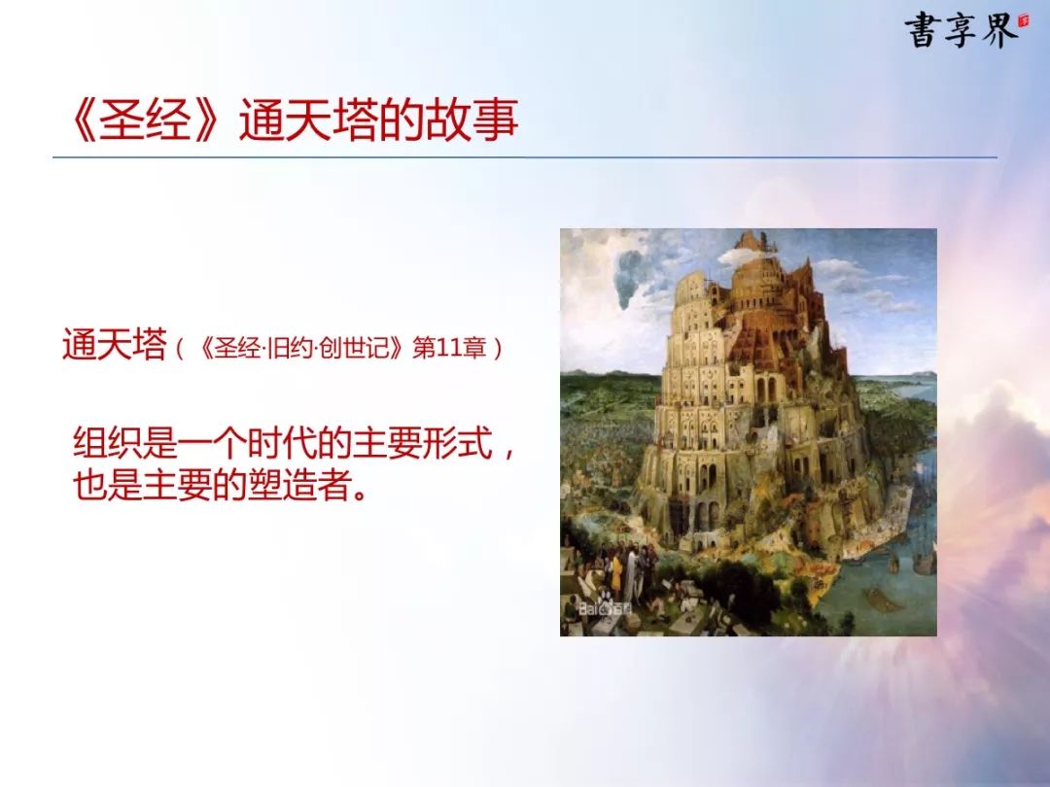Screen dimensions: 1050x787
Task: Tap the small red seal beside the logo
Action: [x=1023, y=21]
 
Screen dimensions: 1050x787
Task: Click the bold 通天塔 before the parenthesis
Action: [x=114, y=346]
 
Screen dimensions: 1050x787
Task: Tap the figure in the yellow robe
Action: [x=616, y=572]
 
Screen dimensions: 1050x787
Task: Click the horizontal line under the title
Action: [x=525, y=158]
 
